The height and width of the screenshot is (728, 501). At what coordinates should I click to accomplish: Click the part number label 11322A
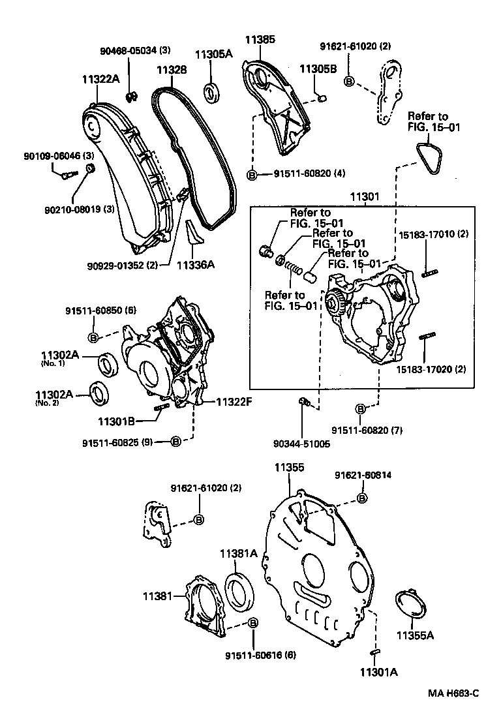(x=100, y=79)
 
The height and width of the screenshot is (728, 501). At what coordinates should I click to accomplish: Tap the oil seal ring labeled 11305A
(x=213, y=92)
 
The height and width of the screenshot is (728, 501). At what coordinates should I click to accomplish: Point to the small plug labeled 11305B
(x=321, y=98)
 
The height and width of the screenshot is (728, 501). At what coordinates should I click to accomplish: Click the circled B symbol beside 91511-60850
(x=93, y=337)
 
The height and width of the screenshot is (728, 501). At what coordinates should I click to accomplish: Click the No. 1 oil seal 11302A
(x=108, y=363)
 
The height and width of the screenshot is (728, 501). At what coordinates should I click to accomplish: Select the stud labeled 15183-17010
(x=428, y=273)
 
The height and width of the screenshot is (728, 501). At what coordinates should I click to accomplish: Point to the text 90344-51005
(x=302, y=444)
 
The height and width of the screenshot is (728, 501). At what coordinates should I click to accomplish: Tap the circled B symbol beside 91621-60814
(x=361, y=498)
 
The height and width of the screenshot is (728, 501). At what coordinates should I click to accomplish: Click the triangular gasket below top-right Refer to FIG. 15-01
(x=429, y=159)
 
